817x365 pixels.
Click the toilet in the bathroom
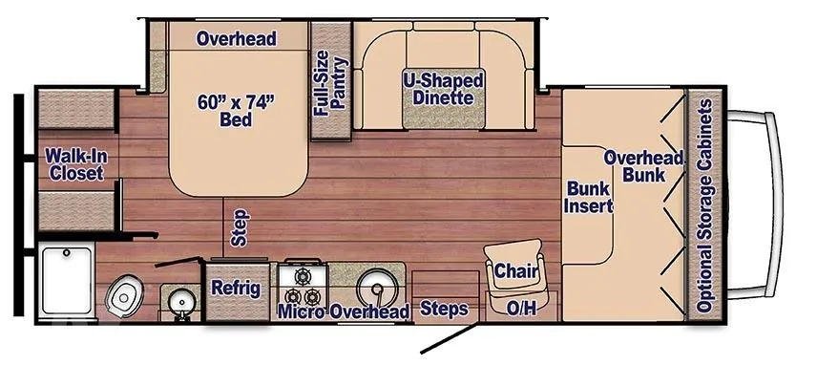pyautogui.click(x=124, y=297)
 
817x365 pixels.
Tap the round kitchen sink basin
pyautogui.click(x=375, y=289)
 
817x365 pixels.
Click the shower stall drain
pyautogui.click(x=66, y=253)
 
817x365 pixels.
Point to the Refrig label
pyautogui.click(x=236, y=288)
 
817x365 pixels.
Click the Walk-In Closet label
pyautogui.click(x=74, y=163)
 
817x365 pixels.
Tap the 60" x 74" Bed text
pyautogui.click(x=236, y=110)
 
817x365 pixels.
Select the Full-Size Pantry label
pyautogui.click(x=330, y=83)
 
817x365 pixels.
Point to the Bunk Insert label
pyautogui.click(x=589, y=197)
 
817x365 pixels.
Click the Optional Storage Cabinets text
pyautogui.click(x=704, y=206)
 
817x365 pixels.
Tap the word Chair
pyautogui.click(x=515, y=270)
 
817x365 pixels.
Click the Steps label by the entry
pyautogui.click(x=444, y=309)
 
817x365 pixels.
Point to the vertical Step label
pyautogui.click(x=240, y=227)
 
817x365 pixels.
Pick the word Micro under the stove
pyautogui.click(x=302, y=311)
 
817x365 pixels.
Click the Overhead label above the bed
pyautogui.click(x=236, y=38)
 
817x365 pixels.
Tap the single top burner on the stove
pyautogui.click(x=303, y=276)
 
